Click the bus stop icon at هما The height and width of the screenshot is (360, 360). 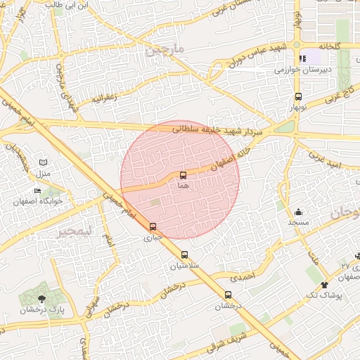(184, 174)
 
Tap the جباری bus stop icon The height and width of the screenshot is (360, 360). (153, 226)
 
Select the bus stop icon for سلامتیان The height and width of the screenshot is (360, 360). (185, 255)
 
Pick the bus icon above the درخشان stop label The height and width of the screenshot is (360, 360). (228, 295)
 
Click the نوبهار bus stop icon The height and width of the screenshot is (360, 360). (298, 97)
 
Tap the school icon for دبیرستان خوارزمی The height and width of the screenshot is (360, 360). (303, 59)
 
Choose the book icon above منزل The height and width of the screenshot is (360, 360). (44, 162)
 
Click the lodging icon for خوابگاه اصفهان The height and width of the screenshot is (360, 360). (38, 191)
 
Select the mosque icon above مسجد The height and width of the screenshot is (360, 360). (298, 212)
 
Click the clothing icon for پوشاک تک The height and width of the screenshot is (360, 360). (324, 285)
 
